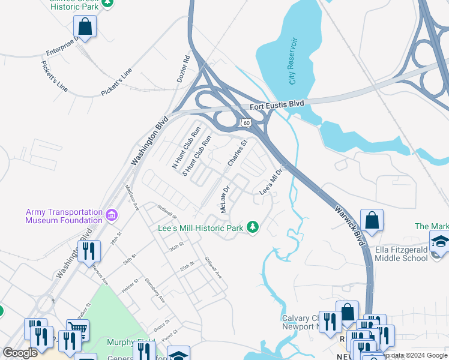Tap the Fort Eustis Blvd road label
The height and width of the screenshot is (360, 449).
click(277, 105)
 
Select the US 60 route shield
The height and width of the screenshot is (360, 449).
click(246, 122)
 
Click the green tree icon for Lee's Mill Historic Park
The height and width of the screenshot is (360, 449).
click(253, 227)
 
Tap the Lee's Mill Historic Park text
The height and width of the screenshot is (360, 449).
click(200, 228)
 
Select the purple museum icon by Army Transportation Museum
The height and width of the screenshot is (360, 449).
click(111, 215)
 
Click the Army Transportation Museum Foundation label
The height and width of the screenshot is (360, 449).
click(64, 216)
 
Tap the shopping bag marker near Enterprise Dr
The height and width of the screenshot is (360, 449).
click(85, 27)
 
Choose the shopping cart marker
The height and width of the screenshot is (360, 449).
click(77, 329)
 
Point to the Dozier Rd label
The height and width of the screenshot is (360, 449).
click(182, 70)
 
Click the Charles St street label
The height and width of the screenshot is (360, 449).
click(237, 154)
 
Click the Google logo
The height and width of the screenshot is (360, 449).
click(20, 353)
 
